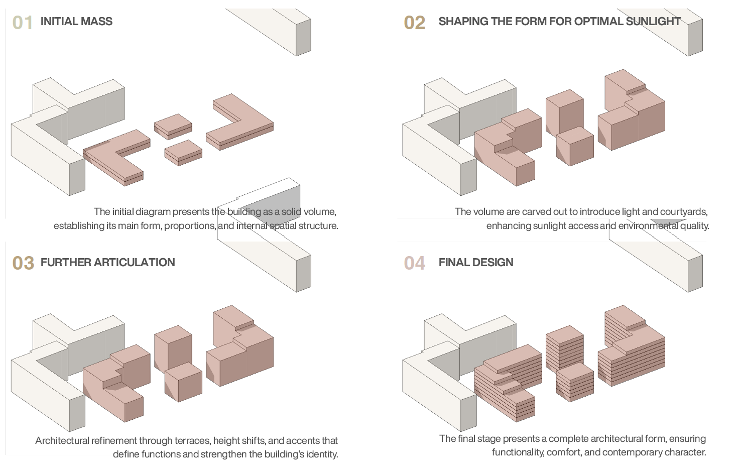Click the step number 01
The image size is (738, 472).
[x=23, y=23]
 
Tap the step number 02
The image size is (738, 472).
[x=414, y=23]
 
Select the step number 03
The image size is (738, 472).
[x=23, y=263]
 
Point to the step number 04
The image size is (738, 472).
[x=414, y=263]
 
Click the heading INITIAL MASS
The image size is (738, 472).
[x=76, y=22]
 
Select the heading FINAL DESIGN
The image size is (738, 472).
[x=475, y=262]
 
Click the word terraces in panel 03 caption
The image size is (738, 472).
[x=192, y=441]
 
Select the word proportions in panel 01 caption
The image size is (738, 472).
[x=189, y=226]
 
